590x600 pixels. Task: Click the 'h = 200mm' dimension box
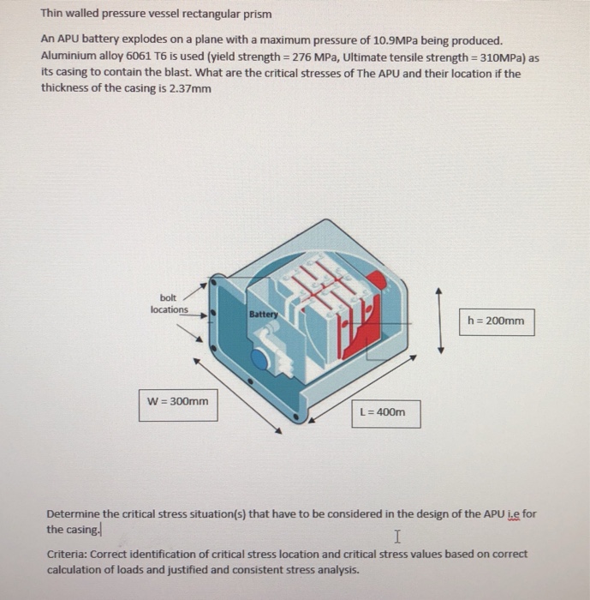[x=497, y=321]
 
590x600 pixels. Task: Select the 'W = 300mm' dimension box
[x=178, y=401]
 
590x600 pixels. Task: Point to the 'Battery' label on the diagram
[x=263, y=315]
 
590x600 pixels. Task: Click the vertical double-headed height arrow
[x=440, y=321]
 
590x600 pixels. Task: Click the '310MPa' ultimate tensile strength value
[x=510, y=57]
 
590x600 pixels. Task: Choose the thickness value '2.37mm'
[x=185, y=88]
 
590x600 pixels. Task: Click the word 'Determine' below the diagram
[x=74, y=514]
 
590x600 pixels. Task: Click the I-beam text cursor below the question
[x=395, y=537]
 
